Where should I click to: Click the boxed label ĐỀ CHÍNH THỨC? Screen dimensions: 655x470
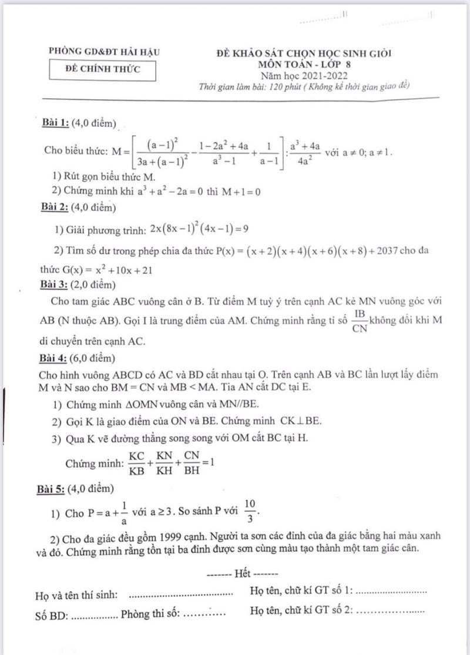point(103,70)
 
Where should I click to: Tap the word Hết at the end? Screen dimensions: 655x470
point(241,572)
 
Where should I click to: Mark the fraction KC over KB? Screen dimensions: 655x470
point(137,462)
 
